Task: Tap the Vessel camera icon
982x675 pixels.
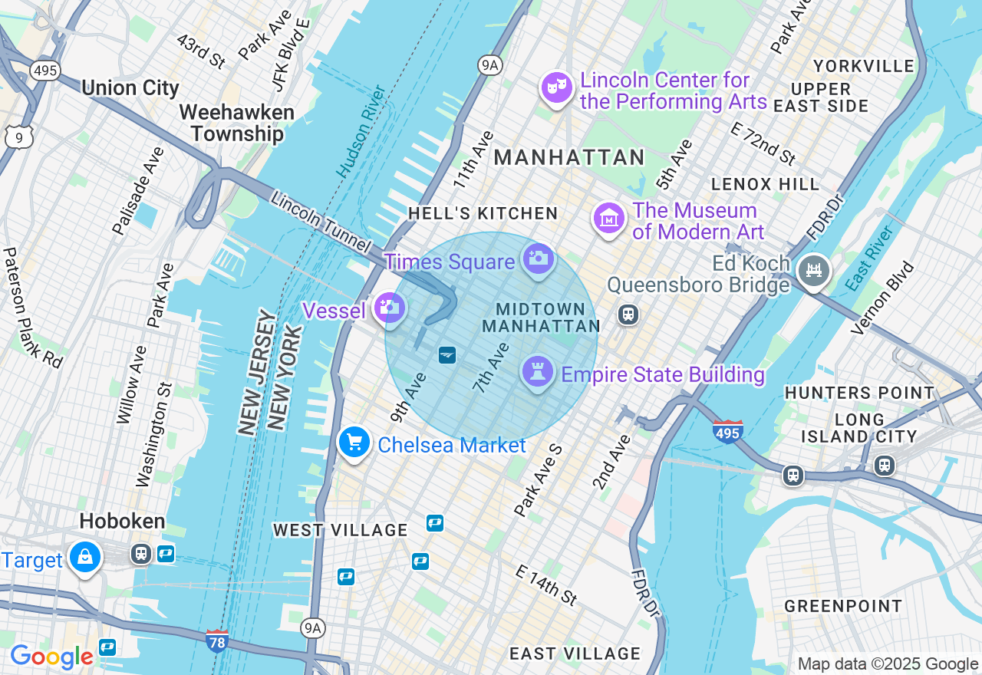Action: (x=390, y=308)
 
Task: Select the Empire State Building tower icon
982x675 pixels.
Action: (x=537, y=372)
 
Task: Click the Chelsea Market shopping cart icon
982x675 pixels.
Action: (x=354, y=443)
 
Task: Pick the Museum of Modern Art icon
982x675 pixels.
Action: (x=609, y=219)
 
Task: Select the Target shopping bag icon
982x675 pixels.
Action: (x=85, y=558)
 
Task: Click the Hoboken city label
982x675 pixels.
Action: (x=122, y=522)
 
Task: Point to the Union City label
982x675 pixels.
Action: (x=130, y=87)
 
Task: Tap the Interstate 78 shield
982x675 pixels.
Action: (x=217, y=640)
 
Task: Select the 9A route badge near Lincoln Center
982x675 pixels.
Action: (x=489, y=65)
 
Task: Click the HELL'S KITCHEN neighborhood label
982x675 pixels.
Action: (x=483, y=213)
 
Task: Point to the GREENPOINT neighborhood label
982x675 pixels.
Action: (x=843, y=606)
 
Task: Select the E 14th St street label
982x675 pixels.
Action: (x=546, y=585)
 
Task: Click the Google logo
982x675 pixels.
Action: (x=51, y=657)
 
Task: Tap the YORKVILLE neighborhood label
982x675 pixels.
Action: (x=863, y=66)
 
